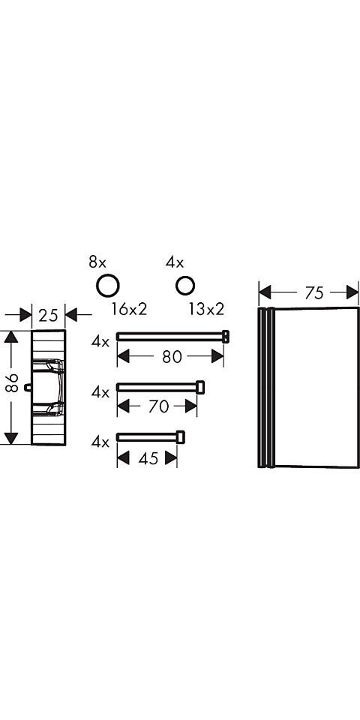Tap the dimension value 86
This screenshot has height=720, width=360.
13,382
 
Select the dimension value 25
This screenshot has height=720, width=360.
48,316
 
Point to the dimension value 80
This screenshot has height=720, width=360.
172,357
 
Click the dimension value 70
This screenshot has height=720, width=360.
158,406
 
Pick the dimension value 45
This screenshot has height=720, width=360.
148,458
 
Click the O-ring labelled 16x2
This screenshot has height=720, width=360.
108,286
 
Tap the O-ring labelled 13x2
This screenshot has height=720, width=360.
185,286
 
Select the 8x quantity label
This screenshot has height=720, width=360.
97,263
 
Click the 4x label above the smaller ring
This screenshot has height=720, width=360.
175,263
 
